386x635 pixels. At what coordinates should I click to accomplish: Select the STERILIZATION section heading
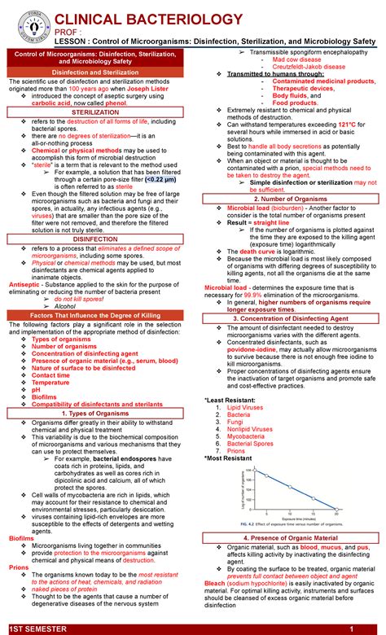(95, 112)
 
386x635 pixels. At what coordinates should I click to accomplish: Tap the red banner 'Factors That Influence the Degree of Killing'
(95, 314)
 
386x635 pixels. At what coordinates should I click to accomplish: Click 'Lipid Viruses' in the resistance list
(246, 405)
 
